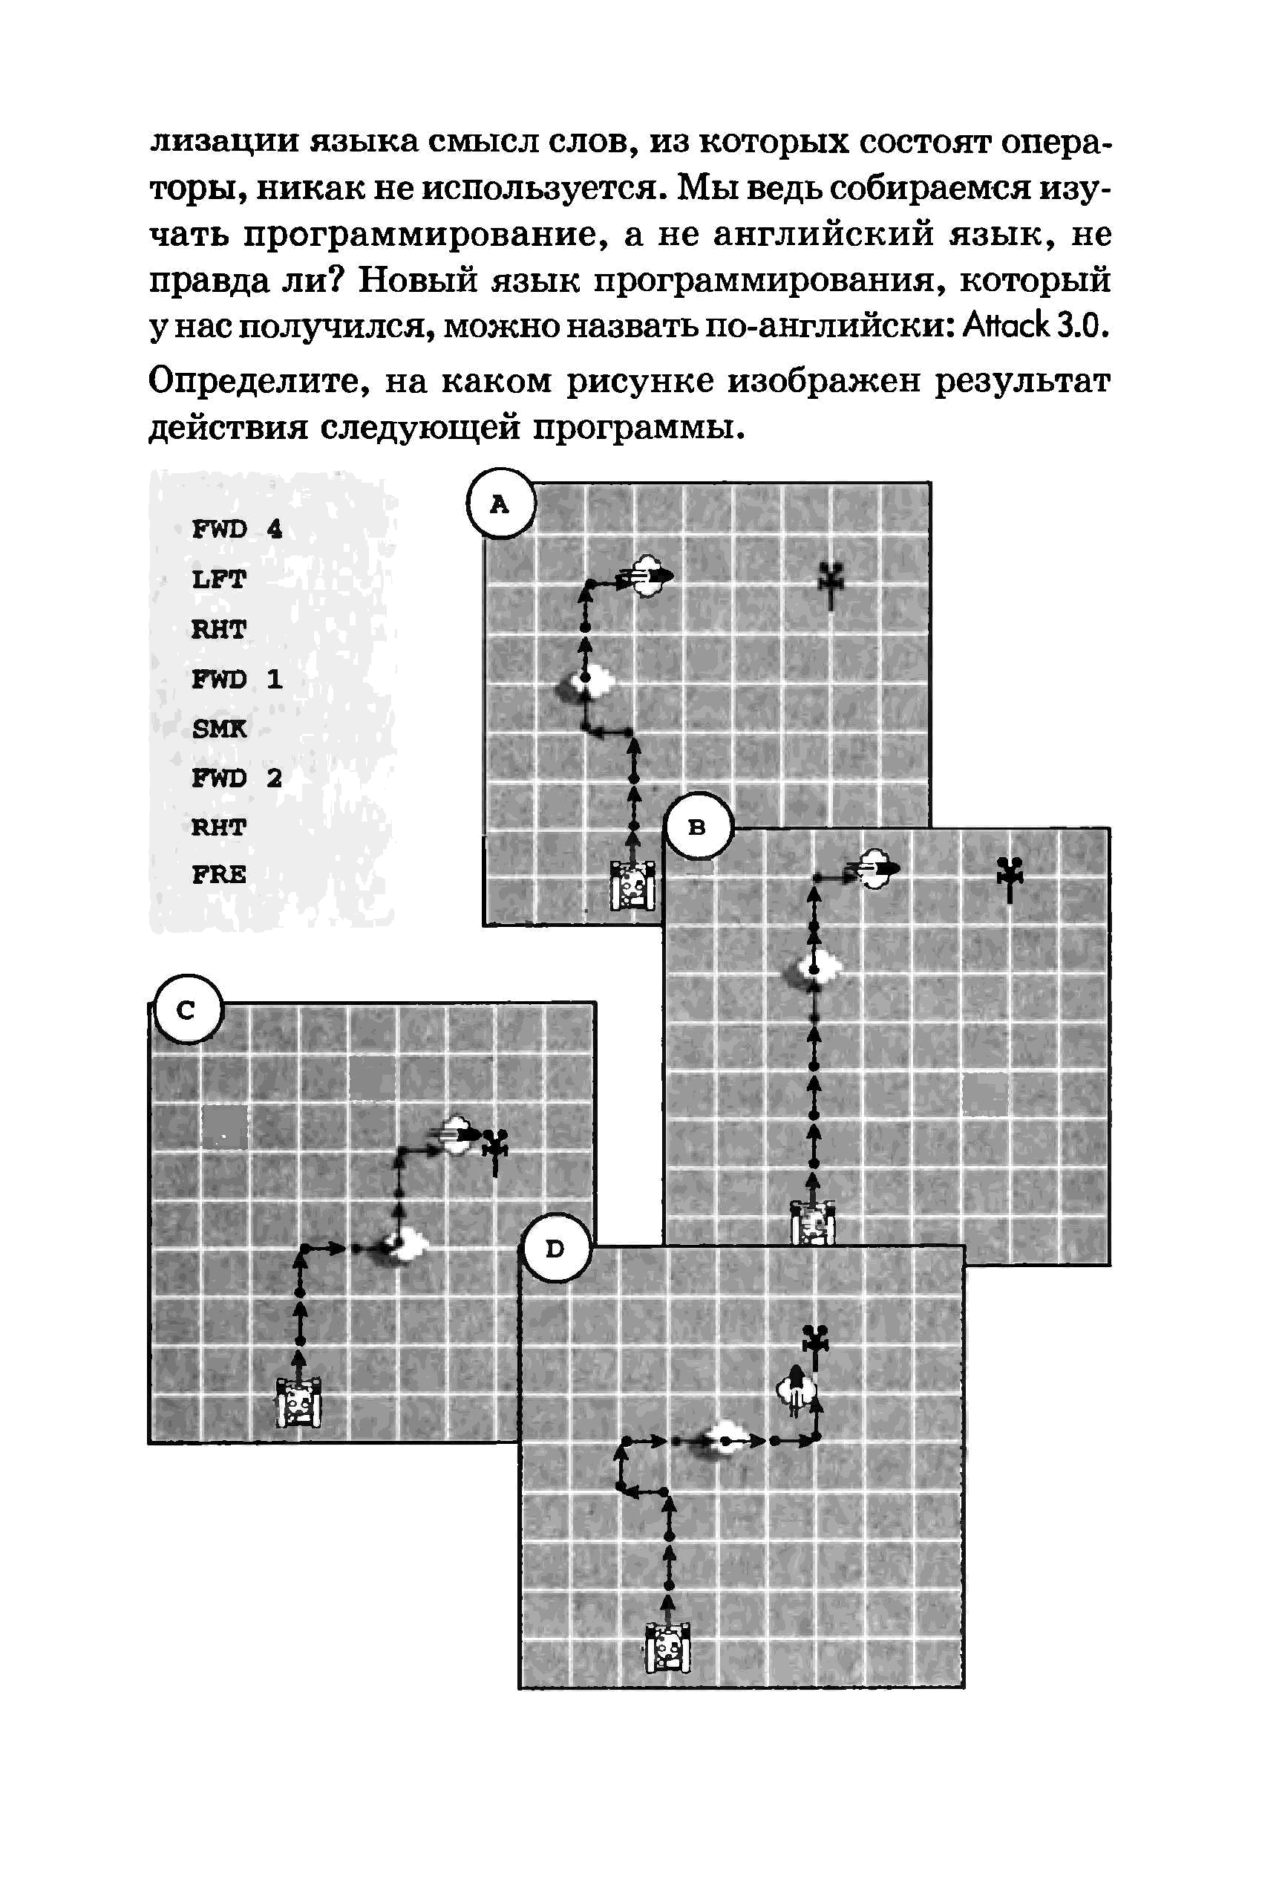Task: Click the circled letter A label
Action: point(500,504)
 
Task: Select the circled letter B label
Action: point(697,826)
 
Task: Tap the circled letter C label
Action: point(186,1010)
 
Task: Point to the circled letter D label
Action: point(555,1249)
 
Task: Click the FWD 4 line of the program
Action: point(237,529)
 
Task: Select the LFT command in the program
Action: point(218,579)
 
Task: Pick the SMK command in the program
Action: point(219,729)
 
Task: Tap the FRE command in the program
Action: point(219,874)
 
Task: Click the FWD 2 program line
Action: point(237,778)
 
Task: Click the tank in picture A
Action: point(632,886)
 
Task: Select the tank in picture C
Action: point(298,1401)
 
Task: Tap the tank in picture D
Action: point(668,1647)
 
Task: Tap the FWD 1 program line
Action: point(237,679)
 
